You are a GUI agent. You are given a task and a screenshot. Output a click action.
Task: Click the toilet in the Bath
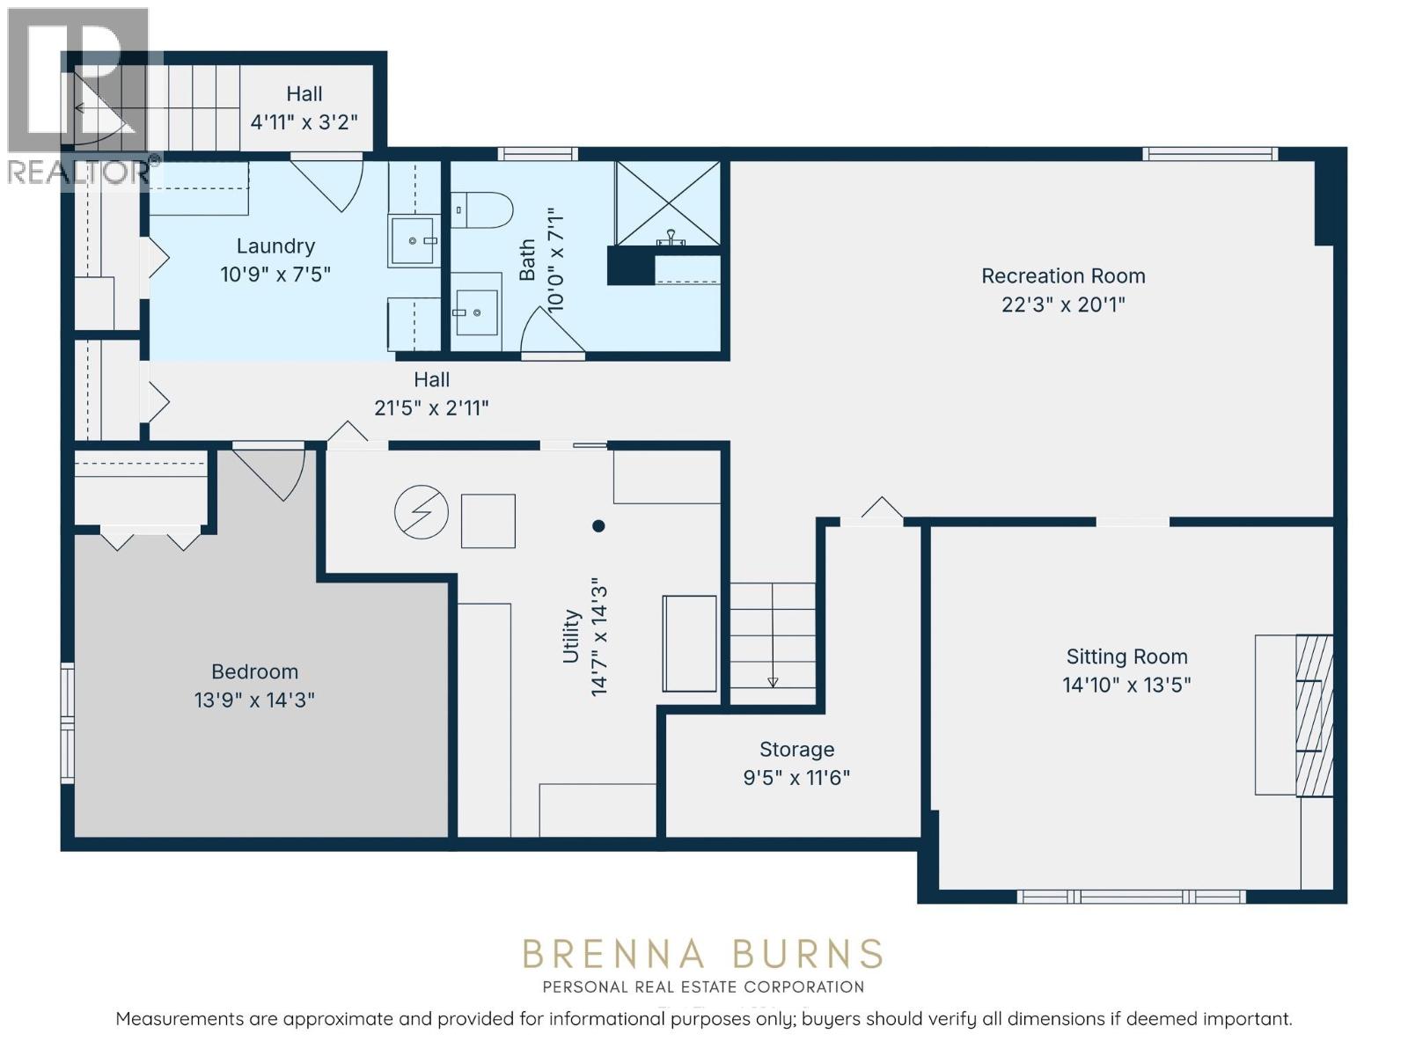481,209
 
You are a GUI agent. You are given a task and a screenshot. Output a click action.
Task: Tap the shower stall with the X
668,202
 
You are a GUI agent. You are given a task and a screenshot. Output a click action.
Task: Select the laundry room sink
414,240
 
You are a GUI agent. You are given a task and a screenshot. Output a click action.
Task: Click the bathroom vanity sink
477,312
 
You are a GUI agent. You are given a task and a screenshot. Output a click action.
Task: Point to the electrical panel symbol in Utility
422,511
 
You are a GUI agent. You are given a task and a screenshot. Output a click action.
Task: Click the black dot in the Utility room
598,525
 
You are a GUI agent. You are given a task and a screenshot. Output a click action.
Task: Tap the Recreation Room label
1063,275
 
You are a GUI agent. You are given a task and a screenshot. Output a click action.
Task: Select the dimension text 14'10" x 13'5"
1126,685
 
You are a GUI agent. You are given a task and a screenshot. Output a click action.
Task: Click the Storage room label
796,749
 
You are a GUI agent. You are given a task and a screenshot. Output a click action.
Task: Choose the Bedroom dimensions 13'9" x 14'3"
254,700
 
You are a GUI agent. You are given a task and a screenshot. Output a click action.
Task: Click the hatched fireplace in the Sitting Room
1315,715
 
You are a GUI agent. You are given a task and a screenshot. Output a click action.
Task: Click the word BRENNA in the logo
614,953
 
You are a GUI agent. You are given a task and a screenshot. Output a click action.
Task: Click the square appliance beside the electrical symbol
488,521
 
